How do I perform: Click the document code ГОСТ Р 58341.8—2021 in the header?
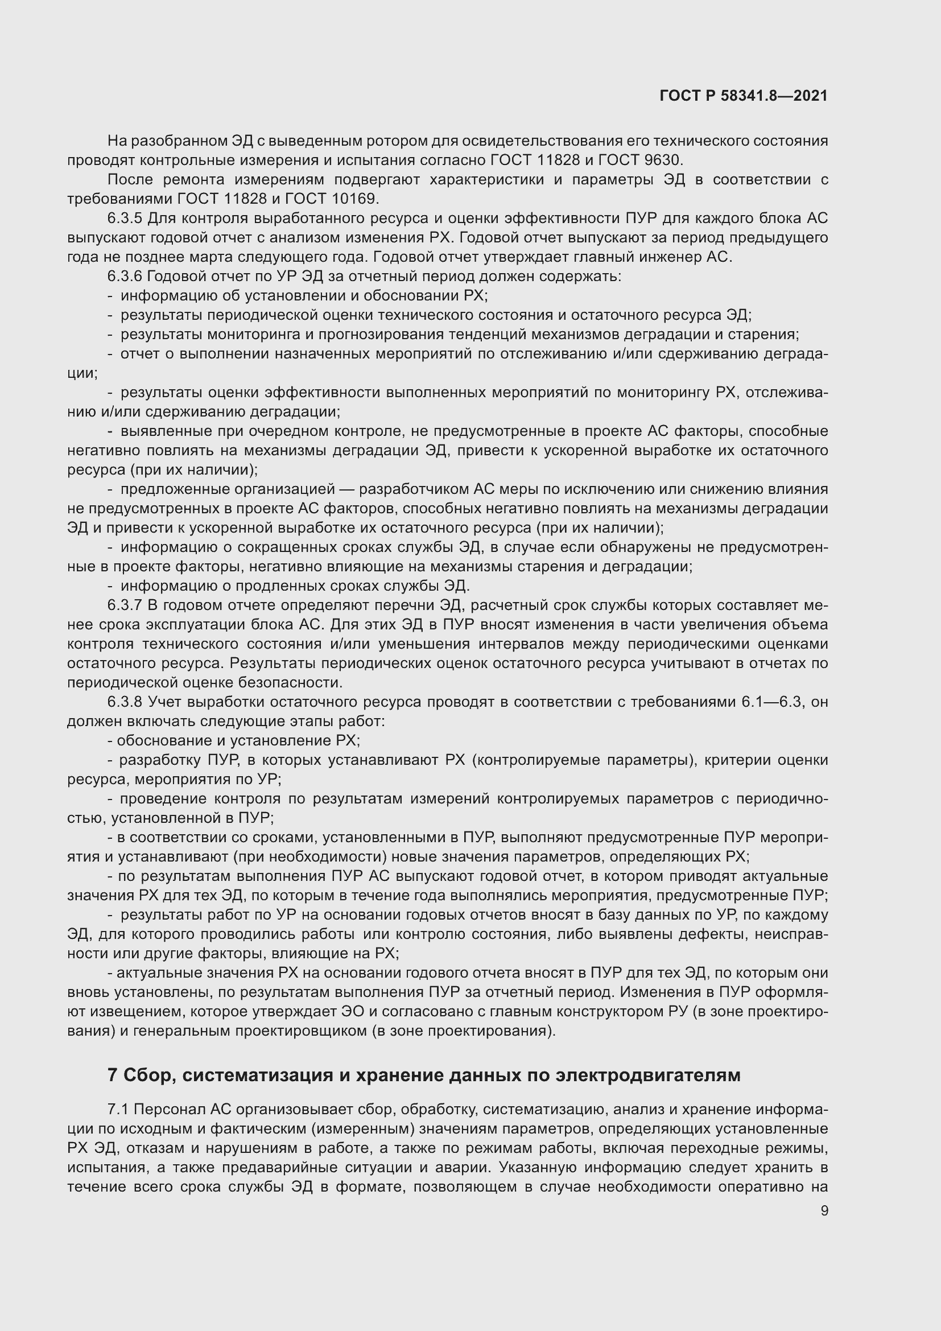744,96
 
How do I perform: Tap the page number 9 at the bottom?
824,1211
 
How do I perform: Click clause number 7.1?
119,1110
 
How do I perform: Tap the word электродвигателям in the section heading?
648,1075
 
